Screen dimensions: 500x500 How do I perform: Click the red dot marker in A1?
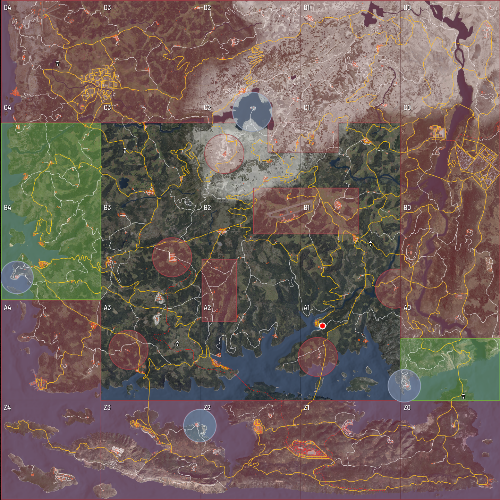click(322, 326)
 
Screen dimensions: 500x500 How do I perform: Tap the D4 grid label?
click(7, 8)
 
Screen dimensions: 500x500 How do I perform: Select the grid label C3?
click(107, 108)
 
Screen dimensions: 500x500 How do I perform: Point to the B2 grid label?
click(207, 208)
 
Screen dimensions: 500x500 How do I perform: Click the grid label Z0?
click(407, 408)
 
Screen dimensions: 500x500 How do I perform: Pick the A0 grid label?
click(407, 308)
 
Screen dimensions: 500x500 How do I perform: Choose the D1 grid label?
click(307, 8)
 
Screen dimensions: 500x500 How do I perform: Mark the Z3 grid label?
click(107, 408)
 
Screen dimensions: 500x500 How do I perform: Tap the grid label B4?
click(7, 208)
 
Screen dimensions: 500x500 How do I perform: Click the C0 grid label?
click(407, 108)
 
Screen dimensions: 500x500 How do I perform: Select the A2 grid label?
click(207, 308)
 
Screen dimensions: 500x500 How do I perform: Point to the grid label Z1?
click(307, 408)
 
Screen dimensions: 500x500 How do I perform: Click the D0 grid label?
click(407, 8)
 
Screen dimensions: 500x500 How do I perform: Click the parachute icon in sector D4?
click(57, 63)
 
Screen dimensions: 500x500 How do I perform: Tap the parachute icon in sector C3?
click(125, 150)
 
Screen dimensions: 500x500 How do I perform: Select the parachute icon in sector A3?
click(177, 344)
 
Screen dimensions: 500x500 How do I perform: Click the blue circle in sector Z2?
click(200, 425)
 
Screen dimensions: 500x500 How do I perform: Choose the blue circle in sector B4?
click(17, 277)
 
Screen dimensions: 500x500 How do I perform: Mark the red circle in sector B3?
click(172, 257)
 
